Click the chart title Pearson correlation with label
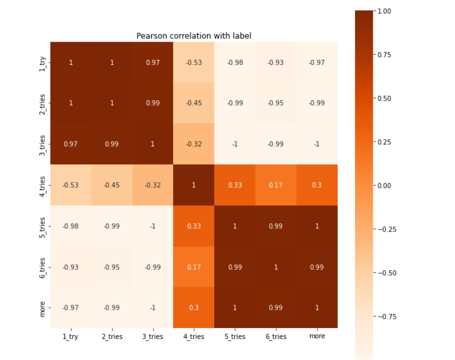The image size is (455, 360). [x=194, y=36]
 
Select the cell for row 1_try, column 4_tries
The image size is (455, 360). [x=194, y=62]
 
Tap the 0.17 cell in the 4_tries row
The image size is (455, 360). [x=276, y=185]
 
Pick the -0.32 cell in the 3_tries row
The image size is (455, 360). [x=194, y=144]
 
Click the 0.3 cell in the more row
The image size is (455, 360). [x=194, y=308]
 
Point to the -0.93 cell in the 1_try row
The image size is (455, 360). [x=276, y=62]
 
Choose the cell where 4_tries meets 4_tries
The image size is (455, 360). [x=194, y=185]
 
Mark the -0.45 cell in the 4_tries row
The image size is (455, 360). [x=112, y=185]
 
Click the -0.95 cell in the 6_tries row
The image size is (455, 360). [x=112, y=267]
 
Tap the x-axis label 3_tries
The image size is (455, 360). [x=152, y=337]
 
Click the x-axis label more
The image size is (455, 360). [x=317, y=337]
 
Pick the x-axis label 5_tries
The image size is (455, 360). [x=235, y=337]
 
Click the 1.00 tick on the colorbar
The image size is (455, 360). [x=384, y=11]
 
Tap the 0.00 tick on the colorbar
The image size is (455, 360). [x=384, y=185]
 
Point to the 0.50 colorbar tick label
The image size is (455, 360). [x=384, y=98]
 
